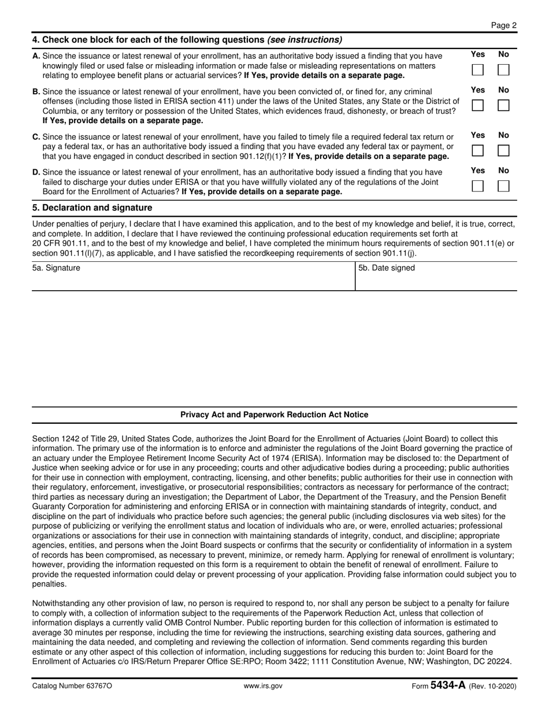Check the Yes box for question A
tap(478, 70)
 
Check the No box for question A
tap(504, 70)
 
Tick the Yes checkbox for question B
tap(478, 105)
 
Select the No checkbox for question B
tap(504, 105)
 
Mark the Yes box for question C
tap(478, 150)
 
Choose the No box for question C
tap(504, 150)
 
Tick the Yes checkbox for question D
tap(478, 186)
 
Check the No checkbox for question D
tap(504, 186)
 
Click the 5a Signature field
tap(193, 279)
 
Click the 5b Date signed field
tap(436, 279)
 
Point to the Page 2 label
tap(504, 25)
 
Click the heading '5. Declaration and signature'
tap(92, 208)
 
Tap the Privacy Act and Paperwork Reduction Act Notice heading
tap(274, 414)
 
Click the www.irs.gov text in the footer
tap(263, 686)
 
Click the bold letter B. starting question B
tap(36, 91)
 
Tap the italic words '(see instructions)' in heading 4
tap(305, 40)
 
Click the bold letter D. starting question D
tap(36, 172)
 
